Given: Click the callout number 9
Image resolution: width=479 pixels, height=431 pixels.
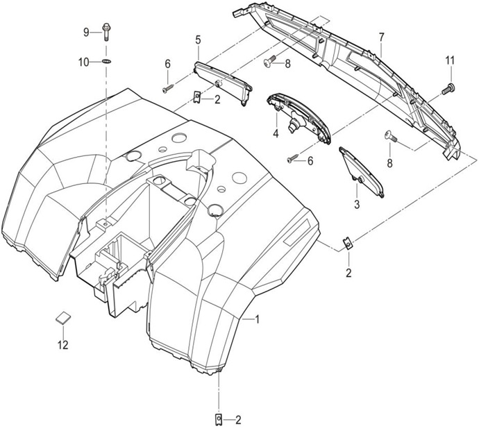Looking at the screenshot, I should click(87, 32).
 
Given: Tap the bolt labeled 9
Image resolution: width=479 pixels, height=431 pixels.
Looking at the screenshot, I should click(106, 31).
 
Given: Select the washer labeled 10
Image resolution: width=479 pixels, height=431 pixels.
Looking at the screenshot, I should click(106, 62).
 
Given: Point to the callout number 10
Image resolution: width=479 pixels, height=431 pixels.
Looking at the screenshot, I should click(84, 62).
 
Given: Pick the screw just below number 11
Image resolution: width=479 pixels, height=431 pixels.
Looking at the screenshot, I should click(448, 87).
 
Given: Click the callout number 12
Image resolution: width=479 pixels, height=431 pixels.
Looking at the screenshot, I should click(63, 344).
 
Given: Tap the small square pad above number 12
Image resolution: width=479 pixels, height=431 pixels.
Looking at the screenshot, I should click(62, 317).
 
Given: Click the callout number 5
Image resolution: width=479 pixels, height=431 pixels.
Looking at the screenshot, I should click(198, 40).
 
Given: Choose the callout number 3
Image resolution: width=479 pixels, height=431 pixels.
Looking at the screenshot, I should click(357, 205).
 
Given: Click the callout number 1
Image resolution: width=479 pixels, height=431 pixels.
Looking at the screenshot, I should click(257, 319).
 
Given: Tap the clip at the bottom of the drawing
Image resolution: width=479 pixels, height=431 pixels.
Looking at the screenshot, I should click(219, 419).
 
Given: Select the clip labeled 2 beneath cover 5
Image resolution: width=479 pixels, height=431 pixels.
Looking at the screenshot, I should click(197, 98).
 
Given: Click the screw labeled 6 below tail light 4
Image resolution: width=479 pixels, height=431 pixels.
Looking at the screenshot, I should click(292, 159).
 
